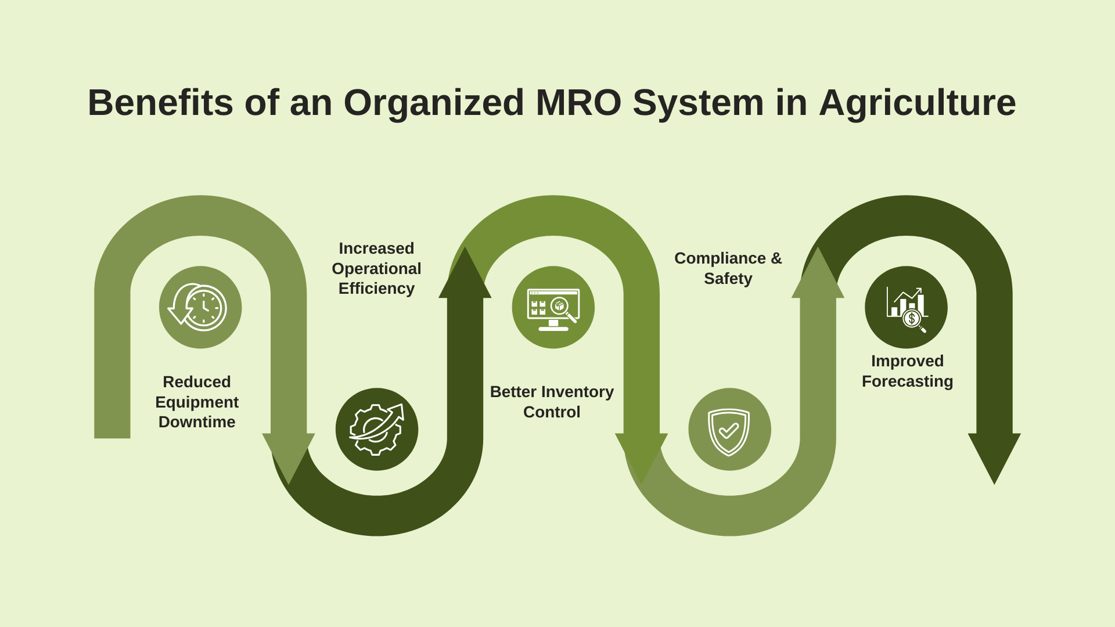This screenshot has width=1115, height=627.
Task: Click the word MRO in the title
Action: click(x=578, y=103)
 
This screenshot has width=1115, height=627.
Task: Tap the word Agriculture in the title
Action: click(x=917, y=103)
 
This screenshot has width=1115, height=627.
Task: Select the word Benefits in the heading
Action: click(x=160, y=103)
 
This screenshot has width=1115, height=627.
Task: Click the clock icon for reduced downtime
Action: click(x=200, y=307)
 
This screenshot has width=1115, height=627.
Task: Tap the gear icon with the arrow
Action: click(x=377, y=429)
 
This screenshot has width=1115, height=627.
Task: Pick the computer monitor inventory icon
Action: click(x=553, y=308)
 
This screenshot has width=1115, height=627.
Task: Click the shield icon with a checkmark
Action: click(x=729, y=430)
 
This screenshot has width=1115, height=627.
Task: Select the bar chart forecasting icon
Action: click(x=906, y=308)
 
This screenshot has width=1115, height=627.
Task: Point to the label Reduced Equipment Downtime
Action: click(x=197, y=402)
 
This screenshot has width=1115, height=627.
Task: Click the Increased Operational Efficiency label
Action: click(x=376, y=268)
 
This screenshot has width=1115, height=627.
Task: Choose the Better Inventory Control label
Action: click(x=552, y=402)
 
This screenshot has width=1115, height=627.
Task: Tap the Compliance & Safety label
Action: click(x=728, y=268)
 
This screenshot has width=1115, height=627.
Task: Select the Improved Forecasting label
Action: click(x=907, y=371)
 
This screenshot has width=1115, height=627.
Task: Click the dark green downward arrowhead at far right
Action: click(x=994, y=456)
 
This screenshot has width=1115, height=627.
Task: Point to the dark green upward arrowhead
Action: click(x=465, y=276)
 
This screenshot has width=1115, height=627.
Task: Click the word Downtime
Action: click(x=197, y=422)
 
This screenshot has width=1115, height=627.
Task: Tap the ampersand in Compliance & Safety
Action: click(x=776, y=258)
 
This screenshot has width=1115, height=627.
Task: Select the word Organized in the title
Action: click(x=434, y=103)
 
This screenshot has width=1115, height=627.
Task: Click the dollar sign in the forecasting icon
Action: click(x=912, y=318)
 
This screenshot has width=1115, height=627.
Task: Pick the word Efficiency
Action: click(x=376, y=289)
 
